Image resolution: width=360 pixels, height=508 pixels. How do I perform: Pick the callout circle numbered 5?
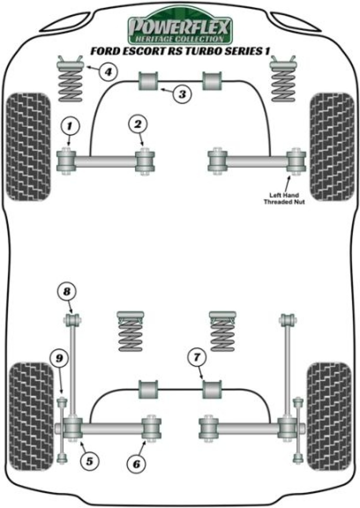click(x=89, y=461)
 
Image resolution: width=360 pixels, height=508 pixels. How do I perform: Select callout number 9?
click(x=59, y=358)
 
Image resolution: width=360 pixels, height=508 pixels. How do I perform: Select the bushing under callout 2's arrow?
click(x=145, y=160)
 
